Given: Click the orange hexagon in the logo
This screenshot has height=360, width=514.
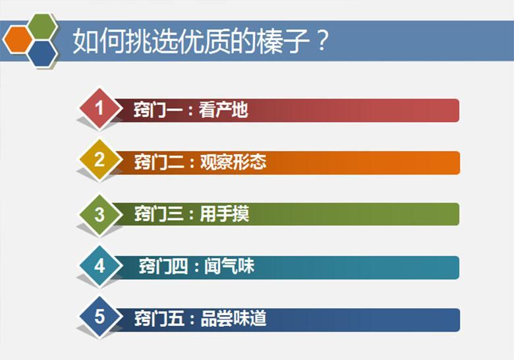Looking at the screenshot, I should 18,39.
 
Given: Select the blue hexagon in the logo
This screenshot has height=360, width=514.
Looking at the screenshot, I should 42,53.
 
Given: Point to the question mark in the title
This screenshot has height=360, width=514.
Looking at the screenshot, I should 320,42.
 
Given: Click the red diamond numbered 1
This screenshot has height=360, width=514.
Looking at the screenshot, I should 99,108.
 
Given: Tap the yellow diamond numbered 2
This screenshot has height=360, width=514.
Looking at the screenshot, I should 99,160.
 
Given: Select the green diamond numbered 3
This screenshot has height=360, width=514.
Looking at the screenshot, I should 99,214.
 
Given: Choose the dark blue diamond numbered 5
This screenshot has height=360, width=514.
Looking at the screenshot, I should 99,318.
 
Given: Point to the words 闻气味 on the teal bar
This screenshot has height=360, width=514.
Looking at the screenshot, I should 231,267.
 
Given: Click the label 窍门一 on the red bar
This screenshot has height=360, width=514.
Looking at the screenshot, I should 157,109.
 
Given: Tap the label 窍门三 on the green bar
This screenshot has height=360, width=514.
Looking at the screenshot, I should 157,214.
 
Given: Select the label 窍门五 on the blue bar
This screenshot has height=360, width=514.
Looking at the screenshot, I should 157,319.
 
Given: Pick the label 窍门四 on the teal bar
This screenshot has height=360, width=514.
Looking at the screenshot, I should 162,267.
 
